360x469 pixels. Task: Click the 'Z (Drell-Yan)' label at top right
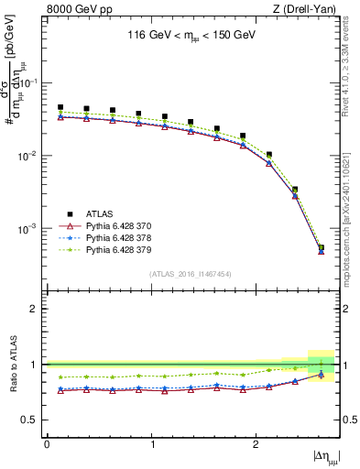pyautogui.click(x=307, y=10)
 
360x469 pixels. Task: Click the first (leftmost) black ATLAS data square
pyautogui.click(x=60, y=107)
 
